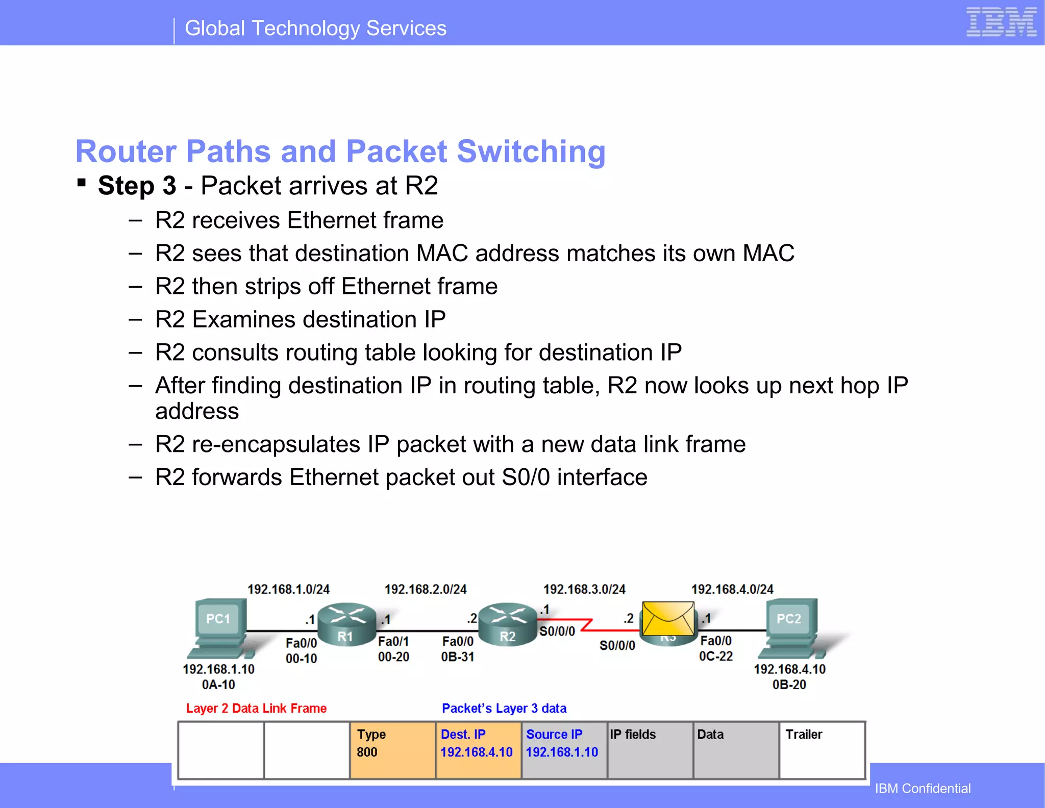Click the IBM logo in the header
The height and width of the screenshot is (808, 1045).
1001,22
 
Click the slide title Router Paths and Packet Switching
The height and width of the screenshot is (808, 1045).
340,151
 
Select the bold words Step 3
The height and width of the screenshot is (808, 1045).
137,186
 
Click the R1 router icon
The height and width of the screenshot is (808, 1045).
346,625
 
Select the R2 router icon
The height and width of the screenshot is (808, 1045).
508,625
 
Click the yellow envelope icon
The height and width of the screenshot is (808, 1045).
668,618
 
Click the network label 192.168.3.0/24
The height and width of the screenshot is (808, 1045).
584,589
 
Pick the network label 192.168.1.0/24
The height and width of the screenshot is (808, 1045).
288,589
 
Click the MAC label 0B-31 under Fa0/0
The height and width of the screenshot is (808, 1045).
458,656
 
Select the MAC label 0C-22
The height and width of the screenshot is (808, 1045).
715,656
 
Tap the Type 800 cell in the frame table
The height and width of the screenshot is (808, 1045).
392,749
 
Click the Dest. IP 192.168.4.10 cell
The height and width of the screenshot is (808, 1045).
478,749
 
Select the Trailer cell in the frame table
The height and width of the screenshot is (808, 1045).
822,749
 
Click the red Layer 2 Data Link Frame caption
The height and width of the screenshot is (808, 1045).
256,708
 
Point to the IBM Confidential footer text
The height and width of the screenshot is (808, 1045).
923,788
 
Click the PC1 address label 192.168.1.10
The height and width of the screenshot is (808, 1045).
218,669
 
